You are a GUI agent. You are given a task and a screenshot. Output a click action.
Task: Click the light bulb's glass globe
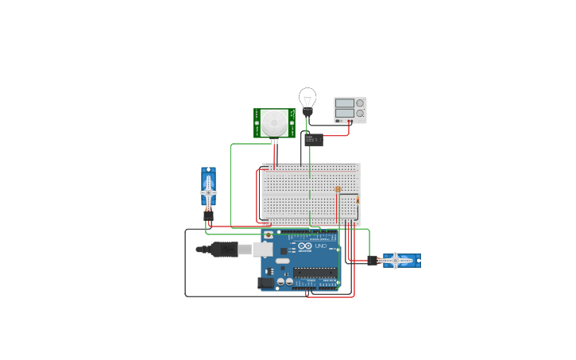coord(307,98)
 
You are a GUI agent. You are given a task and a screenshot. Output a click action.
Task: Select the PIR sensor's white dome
coord(274,122)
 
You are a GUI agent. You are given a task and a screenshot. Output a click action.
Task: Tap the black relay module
coord(313,140)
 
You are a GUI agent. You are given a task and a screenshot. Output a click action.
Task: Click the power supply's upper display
coord(344,103)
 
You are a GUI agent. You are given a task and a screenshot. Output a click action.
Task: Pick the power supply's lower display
coord(344,114)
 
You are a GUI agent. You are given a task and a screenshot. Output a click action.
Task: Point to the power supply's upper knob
coord(361,103)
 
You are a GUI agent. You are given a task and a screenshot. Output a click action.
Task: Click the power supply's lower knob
coord(361,114)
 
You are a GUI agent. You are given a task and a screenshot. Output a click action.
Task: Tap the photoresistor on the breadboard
coord(338,190)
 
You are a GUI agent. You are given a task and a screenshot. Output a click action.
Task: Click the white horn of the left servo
coord(208,192)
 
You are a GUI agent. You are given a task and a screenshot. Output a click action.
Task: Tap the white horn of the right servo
coord(396,260)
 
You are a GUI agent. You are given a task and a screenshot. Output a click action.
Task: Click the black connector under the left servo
coord(208,215)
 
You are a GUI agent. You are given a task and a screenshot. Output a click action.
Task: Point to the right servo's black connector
coord(372,261)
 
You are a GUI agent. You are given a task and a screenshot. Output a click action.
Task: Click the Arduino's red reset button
coord(268,235)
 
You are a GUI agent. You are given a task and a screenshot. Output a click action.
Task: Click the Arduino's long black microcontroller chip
coord(315,272)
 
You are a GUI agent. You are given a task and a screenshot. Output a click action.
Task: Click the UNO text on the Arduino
coord(321,246)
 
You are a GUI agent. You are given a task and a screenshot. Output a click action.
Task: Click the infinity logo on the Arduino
coord(306,246)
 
